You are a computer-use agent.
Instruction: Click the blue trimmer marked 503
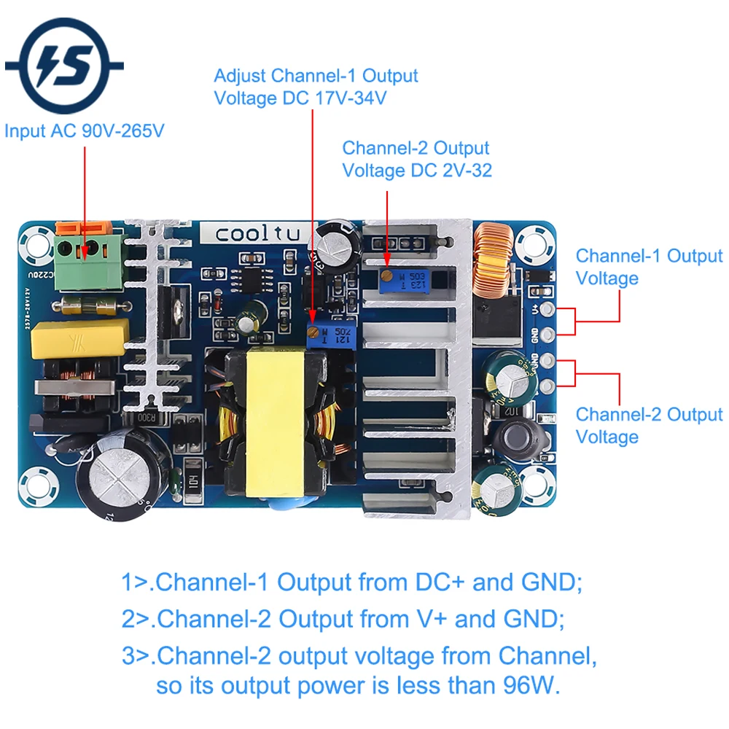point(402,280)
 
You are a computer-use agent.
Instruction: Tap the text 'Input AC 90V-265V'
point(85,132)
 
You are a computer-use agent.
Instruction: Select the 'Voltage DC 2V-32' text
point(417,171)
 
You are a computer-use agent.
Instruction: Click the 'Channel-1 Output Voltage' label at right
point(648,267)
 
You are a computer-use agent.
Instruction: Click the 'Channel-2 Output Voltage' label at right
point(648,425)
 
